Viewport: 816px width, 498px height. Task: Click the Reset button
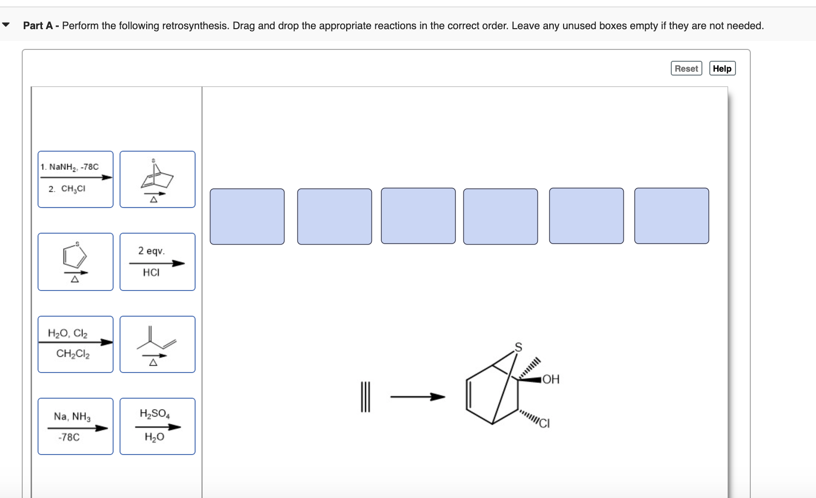(x=686, y=69)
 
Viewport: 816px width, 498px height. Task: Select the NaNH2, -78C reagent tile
(x=76, y=179)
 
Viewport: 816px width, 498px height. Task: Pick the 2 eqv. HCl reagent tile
(x=158, y=262)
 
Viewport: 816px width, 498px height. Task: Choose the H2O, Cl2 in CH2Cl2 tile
(x=76, y=344)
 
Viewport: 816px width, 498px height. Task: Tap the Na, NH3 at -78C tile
(x=76, y=426)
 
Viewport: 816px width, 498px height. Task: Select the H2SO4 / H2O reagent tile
(x=158, y=426)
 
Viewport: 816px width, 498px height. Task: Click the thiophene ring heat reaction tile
(x=76, y=262)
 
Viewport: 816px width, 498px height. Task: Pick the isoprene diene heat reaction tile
(x=158, y=344)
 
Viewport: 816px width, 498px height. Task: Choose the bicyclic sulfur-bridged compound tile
(x=158, y=179)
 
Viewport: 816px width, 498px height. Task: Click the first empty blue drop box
(x=247, y=216)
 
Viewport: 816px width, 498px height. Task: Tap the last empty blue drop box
(x=671, y=216)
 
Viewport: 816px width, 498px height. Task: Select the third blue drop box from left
(x=418, y=216)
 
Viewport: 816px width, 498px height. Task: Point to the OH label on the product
(x=551, y=379)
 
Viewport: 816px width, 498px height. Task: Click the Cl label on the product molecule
(x=544, y=423)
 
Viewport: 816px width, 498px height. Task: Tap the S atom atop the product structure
(x=518, y=347)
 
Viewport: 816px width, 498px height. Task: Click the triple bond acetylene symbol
(x=365, y=397)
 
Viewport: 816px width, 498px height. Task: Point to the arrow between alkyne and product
(x=417, y=397)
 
